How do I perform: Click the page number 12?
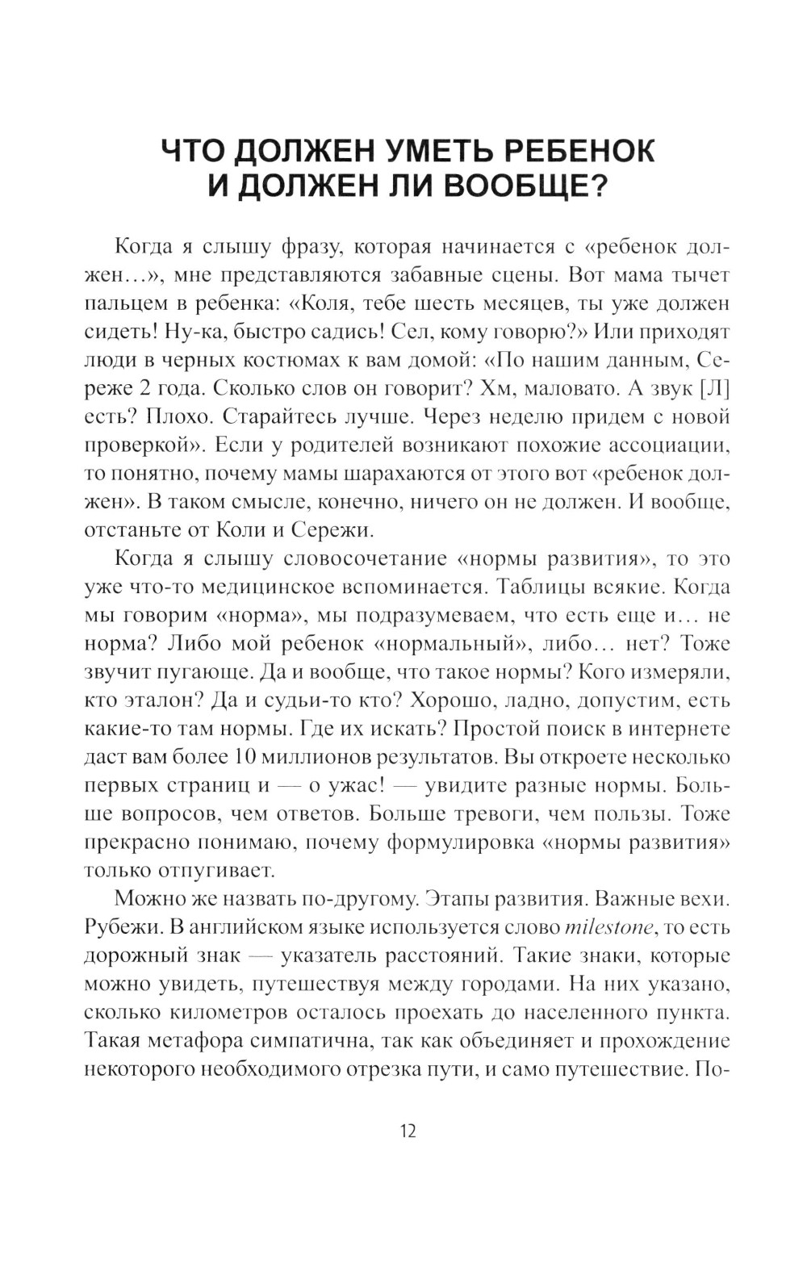(408, 1131)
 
